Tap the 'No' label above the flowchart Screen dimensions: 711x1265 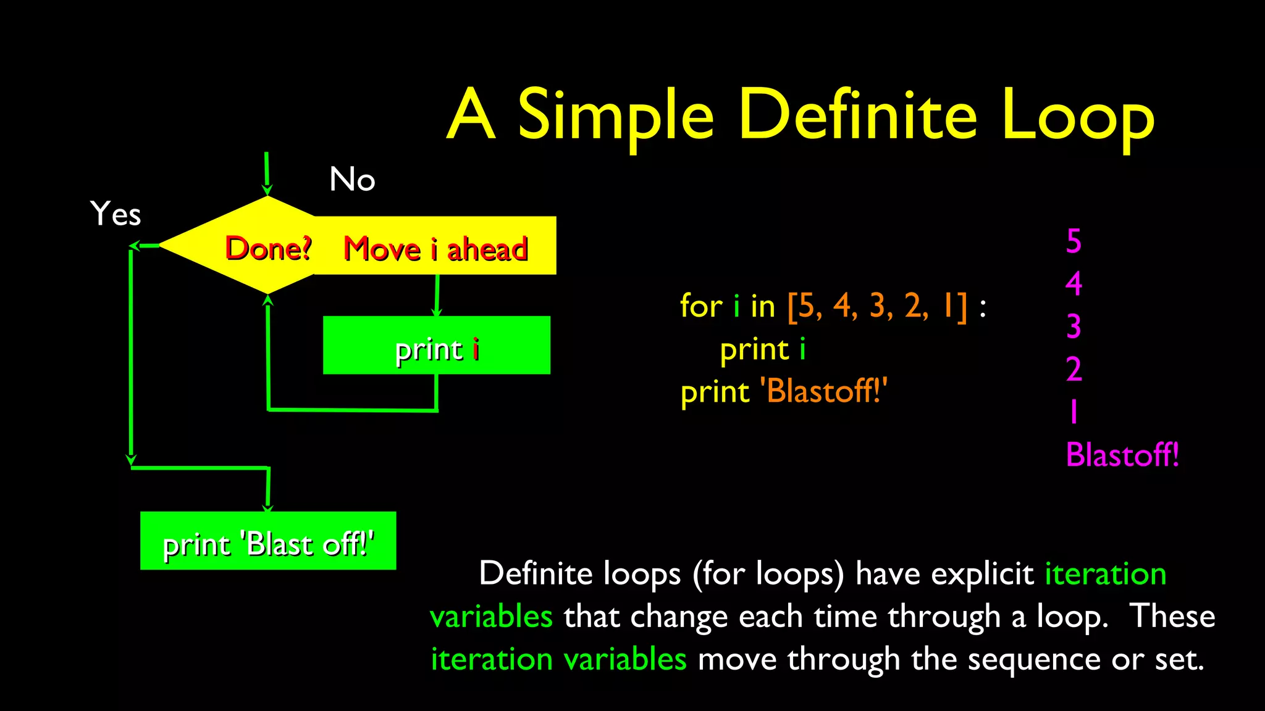[352, 180]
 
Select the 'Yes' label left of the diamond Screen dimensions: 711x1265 [116, 214]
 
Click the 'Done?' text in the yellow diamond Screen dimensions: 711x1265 [268, 248]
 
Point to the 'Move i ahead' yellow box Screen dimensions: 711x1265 [435, 248]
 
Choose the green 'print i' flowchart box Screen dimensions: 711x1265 [436, 346]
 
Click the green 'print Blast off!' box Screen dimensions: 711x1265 [268, 541]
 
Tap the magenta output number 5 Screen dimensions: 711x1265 [1074, 241]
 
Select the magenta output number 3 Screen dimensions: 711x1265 [1074, 326]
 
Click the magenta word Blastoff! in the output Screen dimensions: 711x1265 [1122, 455]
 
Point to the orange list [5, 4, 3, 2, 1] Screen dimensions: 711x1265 [877, 306]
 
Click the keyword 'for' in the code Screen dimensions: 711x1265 [700, 306]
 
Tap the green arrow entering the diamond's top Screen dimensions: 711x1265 [267, 173]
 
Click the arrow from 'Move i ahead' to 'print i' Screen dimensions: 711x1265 [437, 296]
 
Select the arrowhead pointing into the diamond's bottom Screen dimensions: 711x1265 [267, 300]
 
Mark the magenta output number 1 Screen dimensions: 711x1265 [1074, 412]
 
